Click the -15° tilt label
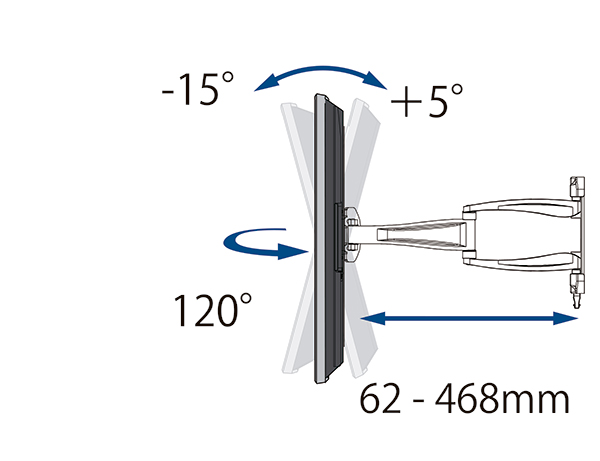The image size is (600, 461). click(x=197, y=89)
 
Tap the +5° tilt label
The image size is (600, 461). click(x=427, y=101)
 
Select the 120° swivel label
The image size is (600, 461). click(x=213, y=310)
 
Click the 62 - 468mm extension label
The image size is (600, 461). click(x=465, y=399)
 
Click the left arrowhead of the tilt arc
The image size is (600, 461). click(x=266, y=83)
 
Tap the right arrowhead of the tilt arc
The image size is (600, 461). click(x=375, y=80)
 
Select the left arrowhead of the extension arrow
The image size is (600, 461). click(x=372, y=318)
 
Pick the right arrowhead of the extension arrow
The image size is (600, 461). click(x=566, y=318)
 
